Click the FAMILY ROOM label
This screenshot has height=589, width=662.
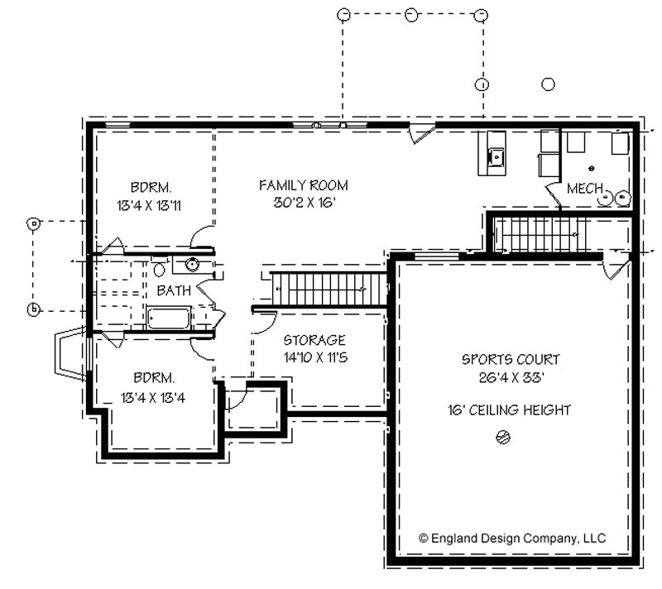pyautogui.click(x=303, y=184)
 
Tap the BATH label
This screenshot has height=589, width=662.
pyautogui.click(x=174, y=290)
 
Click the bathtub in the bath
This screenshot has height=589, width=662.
pyautogui.click(x=170, y=318)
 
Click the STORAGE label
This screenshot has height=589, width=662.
pyautogui.click(x=314, y=340)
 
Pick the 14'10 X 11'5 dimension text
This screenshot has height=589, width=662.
pyautogui.click(x=314, y=357)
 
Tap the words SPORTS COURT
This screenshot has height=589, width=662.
pyautogui.click(x=511, y=360)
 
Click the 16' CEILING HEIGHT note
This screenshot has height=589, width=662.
pyautogui.click(x=511, y=410)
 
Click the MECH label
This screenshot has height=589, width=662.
pyautogui.click(x=584, y=189)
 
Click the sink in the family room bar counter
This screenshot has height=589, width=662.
pyautogui.click(x=496, y=154)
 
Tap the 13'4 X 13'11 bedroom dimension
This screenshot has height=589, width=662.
pyautogui.click(x=150, y=203)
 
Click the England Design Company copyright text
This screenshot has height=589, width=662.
pyautogui.click(x=512, y=538)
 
